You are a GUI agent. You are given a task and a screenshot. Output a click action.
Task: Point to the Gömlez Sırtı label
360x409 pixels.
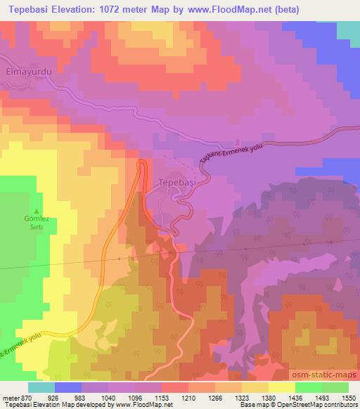(x=34, y=233)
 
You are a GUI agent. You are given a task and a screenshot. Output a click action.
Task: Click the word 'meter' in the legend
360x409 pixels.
(x=8, y=397)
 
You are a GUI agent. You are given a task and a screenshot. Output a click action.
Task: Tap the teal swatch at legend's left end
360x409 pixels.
(x=41, y=387)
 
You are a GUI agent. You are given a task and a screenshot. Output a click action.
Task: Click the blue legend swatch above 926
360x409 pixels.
(x=68, y=387)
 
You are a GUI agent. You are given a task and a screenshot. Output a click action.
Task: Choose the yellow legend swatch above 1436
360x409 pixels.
(x=281, y=387)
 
